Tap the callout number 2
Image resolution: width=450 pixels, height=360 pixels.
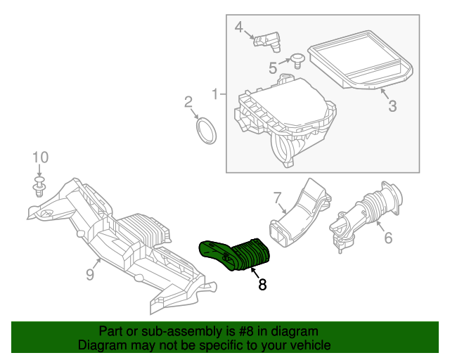[x=188, y=102]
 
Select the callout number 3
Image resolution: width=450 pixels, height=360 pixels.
[x=392, y=106]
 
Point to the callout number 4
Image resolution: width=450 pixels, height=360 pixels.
[x=238, y=27]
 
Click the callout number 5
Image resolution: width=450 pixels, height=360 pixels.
[x=273, y=67]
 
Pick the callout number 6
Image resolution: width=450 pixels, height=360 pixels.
[x=387, y=238]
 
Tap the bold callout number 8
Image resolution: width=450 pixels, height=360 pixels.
[x=262, y=285]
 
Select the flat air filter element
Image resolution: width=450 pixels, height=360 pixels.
[x=361, y=62]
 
